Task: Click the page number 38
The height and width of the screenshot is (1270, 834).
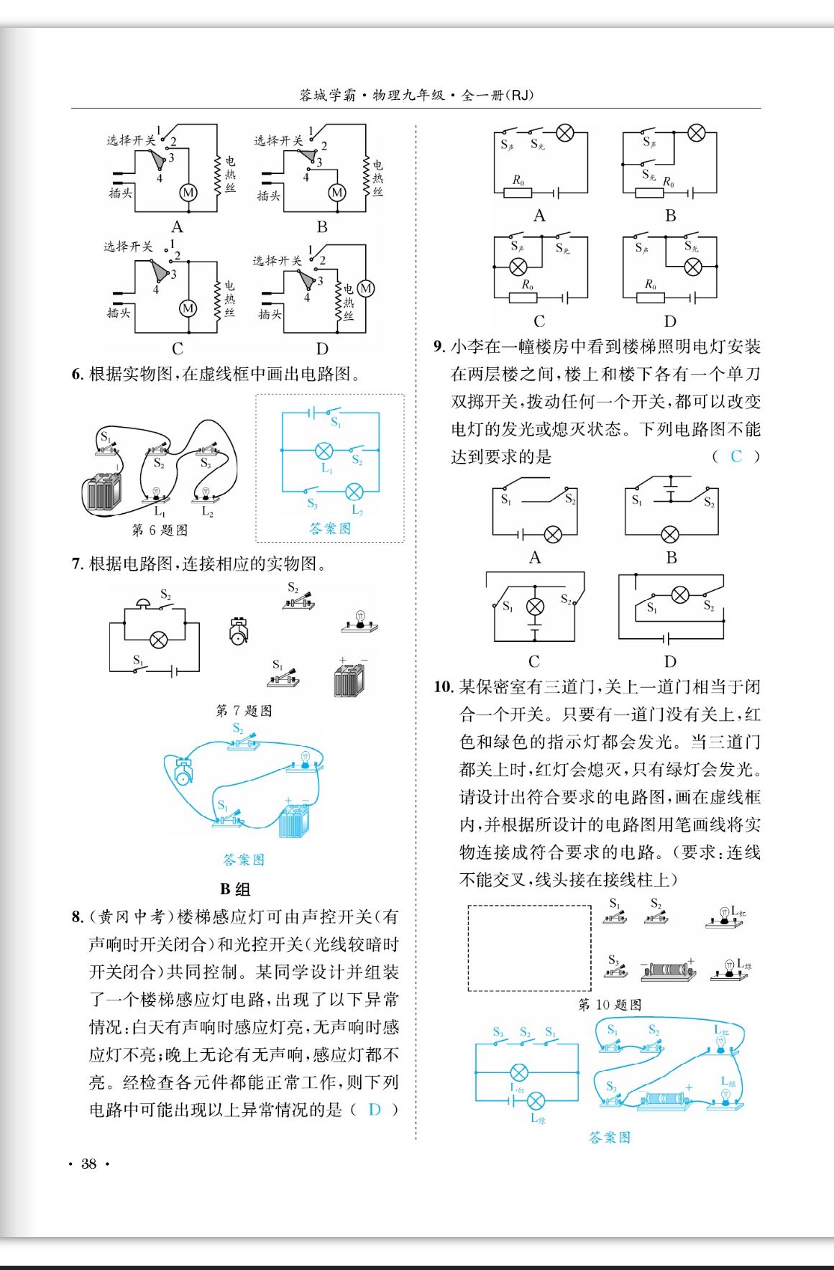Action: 88,1164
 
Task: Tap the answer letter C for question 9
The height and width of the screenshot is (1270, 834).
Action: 736,456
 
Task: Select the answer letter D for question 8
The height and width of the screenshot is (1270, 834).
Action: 374,1109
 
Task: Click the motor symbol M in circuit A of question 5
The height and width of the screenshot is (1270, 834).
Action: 188,193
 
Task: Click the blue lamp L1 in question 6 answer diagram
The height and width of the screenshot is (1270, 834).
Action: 324,451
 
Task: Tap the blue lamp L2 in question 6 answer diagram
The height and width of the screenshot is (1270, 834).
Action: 354,492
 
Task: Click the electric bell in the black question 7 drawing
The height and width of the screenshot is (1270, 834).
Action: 239,631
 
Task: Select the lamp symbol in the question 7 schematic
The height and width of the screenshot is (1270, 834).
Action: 158,640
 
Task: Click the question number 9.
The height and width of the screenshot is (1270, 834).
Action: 439,347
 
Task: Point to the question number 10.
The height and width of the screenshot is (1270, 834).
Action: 443,687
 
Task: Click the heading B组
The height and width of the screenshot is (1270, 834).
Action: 235,889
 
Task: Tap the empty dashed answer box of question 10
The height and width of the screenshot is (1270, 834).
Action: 529,947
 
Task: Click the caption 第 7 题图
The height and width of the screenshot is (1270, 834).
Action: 244,711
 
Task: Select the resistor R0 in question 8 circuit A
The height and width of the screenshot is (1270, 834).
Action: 518,192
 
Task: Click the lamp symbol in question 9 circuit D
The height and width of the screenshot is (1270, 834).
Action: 680,594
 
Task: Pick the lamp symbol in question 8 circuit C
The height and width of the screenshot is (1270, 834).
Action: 518,267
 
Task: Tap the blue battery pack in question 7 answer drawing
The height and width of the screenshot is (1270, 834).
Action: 294,822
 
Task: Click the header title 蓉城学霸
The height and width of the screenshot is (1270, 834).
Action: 327,95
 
